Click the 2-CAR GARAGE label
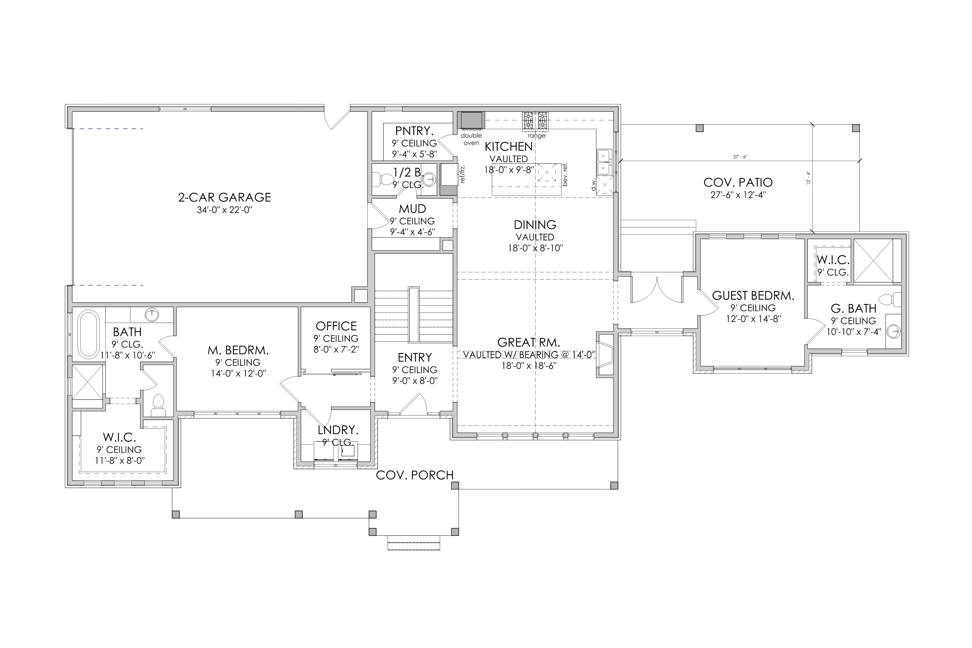tap(224, 198)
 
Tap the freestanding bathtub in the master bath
tap(89, 335)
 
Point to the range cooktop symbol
tap(535, 121)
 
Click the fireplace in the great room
tap(605, 354)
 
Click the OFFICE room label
tap(336, 326)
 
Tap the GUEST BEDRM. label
tap(753, 296)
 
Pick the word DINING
tap(535, 225)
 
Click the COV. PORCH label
tap(414, 475)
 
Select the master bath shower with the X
tap(88, 382)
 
